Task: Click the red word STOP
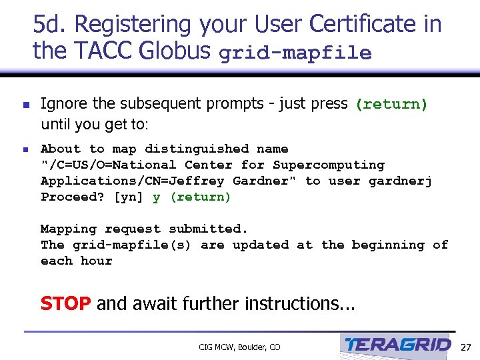(x=65, y=304)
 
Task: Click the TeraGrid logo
(x=397, y=345)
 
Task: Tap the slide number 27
(x=466, y=347)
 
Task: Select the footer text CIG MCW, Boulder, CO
(x=239, y=347)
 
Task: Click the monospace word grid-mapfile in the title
(x=295, y=53)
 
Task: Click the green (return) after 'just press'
(x=391, y=104)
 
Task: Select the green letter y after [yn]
(x=157, y=197)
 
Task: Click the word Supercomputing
(x=328, y=165)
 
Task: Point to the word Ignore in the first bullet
(x=61, y=103)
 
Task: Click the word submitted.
(x=209, y=229)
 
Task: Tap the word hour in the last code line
(x=96, y=261)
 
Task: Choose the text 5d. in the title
(x=51, y=25)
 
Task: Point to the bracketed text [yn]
(x=129, y=197)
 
